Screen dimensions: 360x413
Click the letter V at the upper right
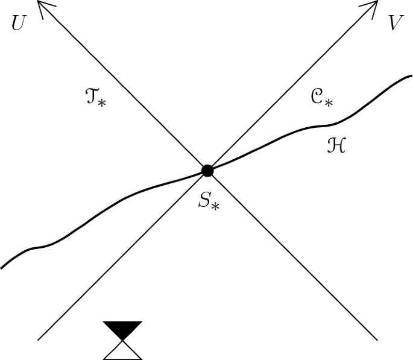click(x=395, y=23)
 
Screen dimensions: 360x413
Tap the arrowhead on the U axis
click(x=40, y=4)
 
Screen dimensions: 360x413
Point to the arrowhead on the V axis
click(x=374, y=4)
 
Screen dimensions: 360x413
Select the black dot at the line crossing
click(x=207, y=171)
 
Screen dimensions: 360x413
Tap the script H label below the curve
click(x=335, y=145)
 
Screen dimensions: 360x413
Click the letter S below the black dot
click(x=204, y=200)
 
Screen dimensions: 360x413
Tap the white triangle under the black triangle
click(x=123, y=352)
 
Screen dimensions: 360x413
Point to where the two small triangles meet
click(x=123, y=341)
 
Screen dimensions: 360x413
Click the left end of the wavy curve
click(x=2, y=267)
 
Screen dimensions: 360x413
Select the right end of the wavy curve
click(x=411, y=78)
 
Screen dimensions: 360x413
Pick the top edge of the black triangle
click(x=123, y=322)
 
